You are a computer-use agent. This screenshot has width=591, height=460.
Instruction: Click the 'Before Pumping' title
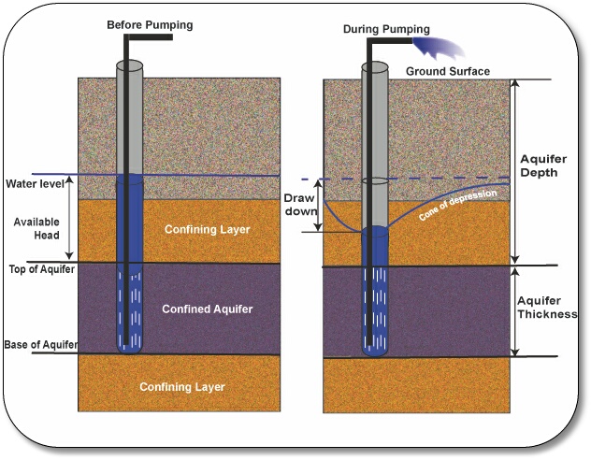click(150, 24)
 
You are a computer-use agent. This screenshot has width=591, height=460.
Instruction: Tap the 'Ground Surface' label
click(447, 71)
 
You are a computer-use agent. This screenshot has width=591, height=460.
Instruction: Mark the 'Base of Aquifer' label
click(39, 345)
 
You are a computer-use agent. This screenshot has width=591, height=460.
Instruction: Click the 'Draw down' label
click(299, 206)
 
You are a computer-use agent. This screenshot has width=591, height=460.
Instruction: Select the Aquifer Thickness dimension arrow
click(512, 311)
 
